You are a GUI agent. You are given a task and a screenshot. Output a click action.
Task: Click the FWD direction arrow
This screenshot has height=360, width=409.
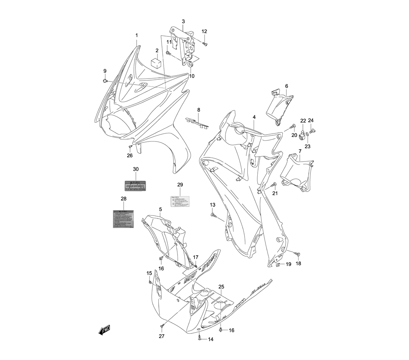click(x=104, y=330)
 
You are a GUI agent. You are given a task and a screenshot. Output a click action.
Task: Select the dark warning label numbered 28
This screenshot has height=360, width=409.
click(x=124, y=219)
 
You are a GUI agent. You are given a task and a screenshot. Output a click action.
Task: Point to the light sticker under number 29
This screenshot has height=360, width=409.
click(x=180, y=200)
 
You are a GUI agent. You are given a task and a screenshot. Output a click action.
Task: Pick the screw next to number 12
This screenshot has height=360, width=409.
click(x=205, y=43)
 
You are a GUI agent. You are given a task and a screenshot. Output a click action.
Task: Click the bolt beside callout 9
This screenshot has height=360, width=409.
click(x=106, y=81)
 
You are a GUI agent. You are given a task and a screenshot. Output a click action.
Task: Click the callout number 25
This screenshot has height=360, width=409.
click(x=221, y=287)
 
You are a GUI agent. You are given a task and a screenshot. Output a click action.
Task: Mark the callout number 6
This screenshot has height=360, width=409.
click(x=286, y=86)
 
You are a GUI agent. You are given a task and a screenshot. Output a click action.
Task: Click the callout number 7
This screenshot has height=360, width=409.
click(x=299, y=151)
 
